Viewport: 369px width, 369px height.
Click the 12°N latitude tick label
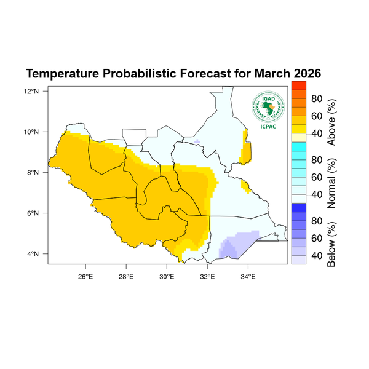point(32,91)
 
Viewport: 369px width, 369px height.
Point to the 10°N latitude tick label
point(32,132)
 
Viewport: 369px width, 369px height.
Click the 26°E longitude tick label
point(85,274)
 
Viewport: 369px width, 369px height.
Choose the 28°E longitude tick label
point(125,274)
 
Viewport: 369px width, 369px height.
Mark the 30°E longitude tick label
point(167,274)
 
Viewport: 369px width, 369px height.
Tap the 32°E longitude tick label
point(207,274)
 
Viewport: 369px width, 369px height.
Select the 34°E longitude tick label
point(248,274)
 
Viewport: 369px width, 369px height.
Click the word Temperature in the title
point(65,74)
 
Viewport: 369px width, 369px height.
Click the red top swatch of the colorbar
point(298,85)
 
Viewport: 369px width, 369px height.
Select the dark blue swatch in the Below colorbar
point(298,207)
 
